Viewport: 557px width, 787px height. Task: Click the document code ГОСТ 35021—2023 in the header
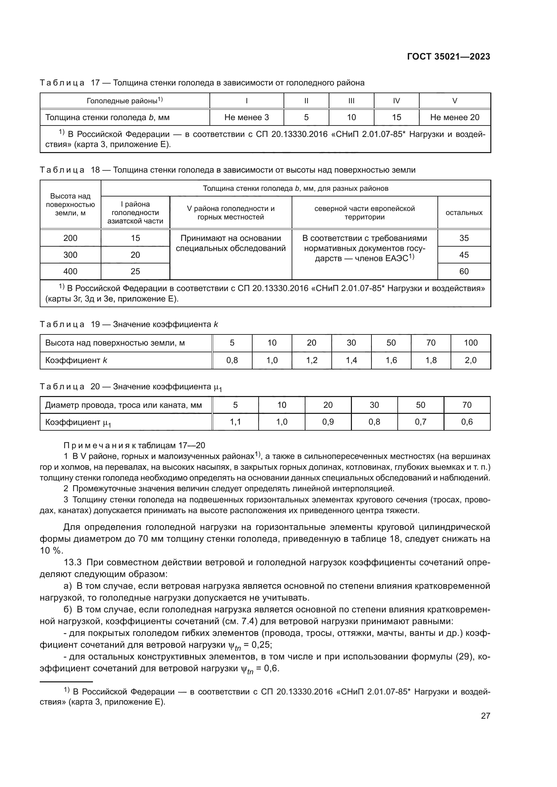[x=448, y=57]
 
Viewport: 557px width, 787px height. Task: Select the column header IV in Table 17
[x=396, y=101]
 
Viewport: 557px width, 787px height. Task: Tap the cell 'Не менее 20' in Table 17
[x=454, y=117]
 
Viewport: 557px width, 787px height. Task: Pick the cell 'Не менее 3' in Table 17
[x=246, y=117]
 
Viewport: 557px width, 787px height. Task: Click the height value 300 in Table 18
[x=70, y=255]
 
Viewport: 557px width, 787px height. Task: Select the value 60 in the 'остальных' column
[x=464, y=272]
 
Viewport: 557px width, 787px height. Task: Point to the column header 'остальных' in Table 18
[x=464, y=213]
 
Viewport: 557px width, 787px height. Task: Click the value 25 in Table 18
[x=135, y=272]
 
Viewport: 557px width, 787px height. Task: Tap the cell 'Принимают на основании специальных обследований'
[x=230, y=243]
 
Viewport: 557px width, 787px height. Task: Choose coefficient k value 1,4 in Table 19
[x=351, y=360]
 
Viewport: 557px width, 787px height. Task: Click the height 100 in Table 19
[x=470, y=343]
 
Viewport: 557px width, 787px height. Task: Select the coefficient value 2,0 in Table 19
[x=470, y=360]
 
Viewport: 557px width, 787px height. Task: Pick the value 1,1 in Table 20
[x=235, y=422]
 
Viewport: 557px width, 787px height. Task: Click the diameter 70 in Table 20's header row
[x=467, y=405]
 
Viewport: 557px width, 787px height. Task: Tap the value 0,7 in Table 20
[x=421, y=422]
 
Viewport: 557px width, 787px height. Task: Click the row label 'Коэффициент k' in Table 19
[x=76, y=360]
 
